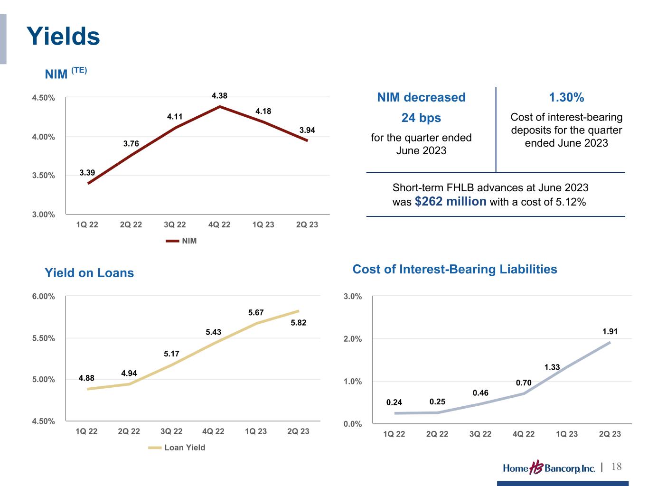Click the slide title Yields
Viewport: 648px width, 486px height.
(x=63, y=36)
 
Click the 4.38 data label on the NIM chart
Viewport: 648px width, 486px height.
(x=219, y=96)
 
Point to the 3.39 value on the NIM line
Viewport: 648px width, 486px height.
(x=87, y=173)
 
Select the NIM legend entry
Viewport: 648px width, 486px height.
(x=181, y=241)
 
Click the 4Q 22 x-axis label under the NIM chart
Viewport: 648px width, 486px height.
(x=219, y=224)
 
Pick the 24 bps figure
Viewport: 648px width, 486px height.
(x=421, y=118)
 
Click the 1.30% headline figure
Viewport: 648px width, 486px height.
(x=566, y=97)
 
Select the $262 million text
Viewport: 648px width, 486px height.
(x=451, y=202)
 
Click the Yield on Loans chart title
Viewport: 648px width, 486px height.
(x=89, y=273)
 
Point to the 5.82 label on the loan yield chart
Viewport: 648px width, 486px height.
(x=298, y=323)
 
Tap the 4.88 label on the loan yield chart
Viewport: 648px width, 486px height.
(x=86, y=378)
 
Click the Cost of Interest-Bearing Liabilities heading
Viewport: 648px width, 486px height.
(x=455, y=270)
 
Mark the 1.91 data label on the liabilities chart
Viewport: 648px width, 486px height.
(x=610, y=332)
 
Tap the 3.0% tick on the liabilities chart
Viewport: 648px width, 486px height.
(x=353, y=297)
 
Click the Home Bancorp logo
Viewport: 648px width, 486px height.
(x=549, y=468)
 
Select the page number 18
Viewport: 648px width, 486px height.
(x=617, y=467)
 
